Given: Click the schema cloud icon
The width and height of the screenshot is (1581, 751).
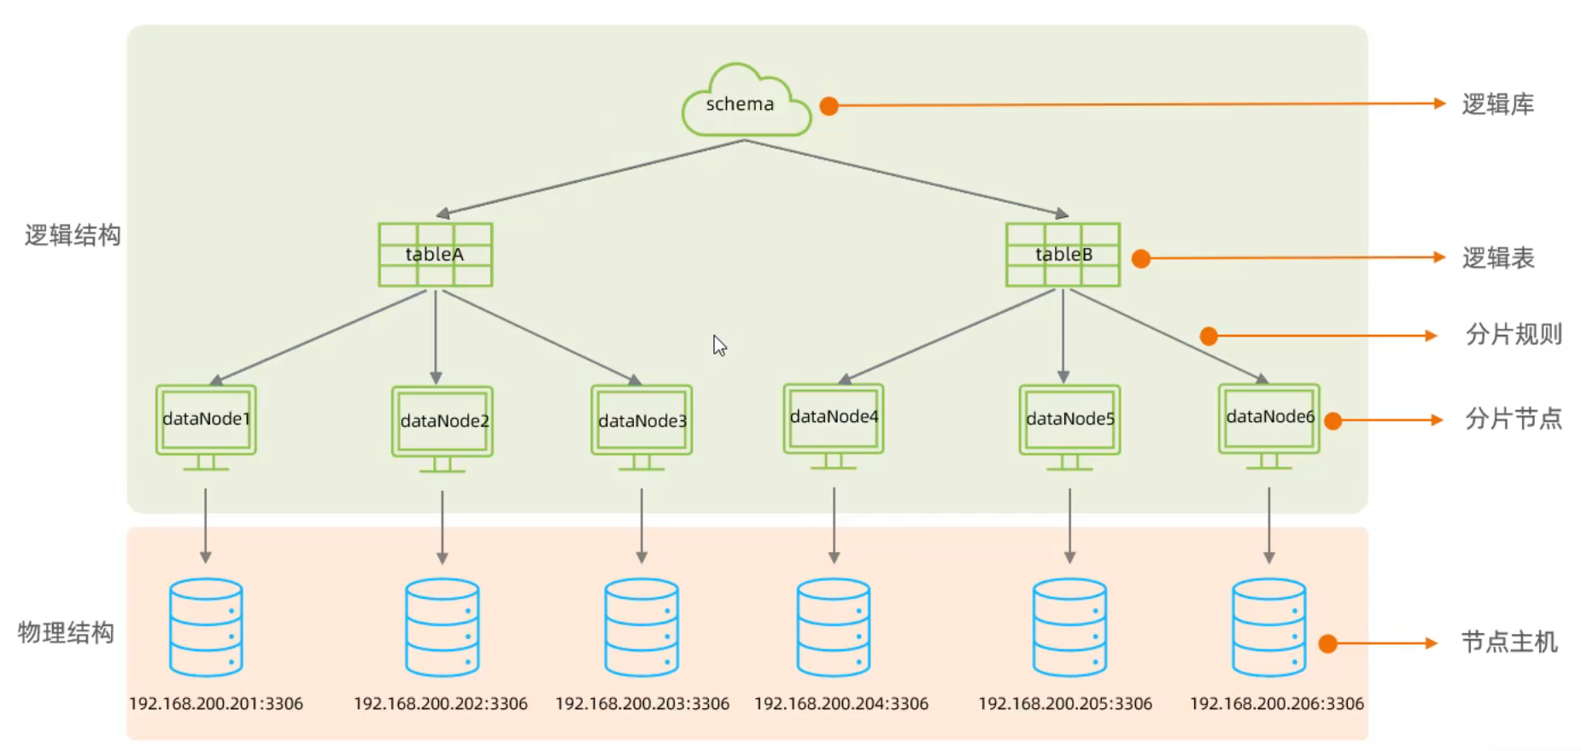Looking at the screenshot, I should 745,102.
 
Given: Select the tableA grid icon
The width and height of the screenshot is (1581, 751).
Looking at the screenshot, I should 436,255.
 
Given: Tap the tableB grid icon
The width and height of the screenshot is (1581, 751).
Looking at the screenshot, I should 1063,255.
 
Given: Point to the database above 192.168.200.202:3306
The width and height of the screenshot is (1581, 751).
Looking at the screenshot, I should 442,627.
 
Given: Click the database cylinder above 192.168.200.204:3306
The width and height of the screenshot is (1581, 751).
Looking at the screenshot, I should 834,627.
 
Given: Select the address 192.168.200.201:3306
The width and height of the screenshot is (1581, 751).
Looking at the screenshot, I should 216,704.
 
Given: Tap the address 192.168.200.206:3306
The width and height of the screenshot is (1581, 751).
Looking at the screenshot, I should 1277,704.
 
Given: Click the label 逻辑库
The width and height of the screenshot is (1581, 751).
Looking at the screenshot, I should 1498,104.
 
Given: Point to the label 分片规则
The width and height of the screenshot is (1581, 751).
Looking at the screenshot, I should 1514,334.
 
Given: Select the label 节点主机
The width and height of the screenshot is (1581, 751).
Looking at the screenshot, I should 1509,642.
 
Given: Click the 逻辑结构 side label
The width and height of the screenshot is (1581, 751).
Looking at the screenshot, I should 73,235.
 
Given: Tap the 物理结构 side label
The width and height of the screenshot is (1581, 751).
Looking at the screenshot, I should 66,632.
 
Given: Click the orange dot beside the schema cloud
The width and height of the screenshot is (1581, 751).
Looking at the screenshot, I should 829,106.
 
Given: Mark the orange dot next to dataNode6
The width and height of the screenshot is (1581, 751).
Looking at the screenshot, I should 1332,420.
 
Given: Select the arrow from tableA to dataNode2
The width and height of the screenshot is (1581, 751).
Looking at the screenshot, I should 436,337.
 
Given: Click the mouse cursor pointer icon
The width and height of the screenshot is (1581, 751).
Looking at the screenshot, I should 719,345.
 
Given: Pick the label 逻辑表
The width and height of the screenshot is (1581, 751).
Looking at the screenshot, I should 1498,258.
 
